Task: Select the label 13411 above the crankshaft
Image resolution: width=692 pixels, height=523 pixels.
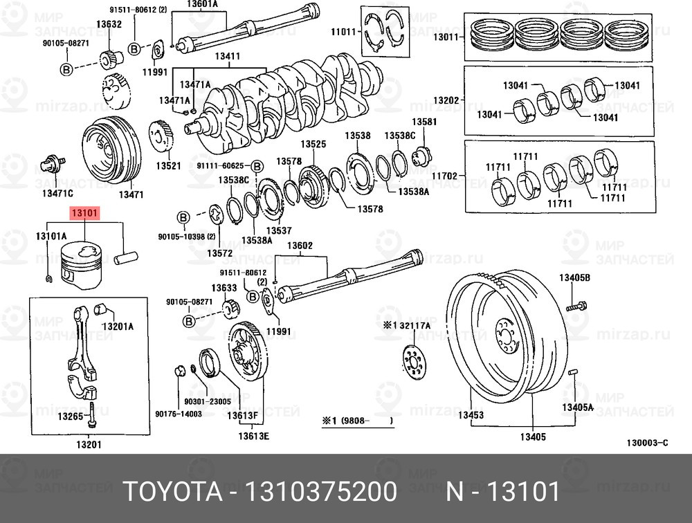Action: click(x=228, y=57)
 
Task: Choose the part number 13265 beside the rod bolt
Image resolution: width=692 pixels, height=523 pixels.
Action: click(x=70, y=416)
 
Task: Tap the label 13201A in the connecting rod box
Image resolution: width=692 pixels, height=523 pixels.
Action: click(x=118, y=326)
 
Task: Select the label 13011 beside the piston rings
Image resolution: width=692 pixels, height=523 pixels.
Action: click(x=446, y=37)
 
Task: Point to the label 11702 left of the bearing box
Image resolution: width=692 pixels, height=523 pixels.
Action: click(x=446, y=177)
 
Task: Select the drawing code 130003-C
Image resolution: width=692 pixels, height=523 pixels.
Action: click(x=647, y=442)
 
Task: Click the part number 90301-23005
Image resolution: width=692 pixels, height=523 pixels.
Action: click(x=207, y=401)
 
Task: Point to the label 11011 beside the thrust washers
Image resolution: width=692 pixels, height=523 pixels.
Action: click(x=343, y=32)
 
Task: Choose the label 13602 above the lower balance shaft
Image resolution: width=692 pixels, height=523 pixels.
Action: click(x=300, y=245)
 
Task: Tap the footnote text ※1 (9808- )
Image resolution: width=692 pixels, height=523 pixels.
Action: click(x=356, y=421)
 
